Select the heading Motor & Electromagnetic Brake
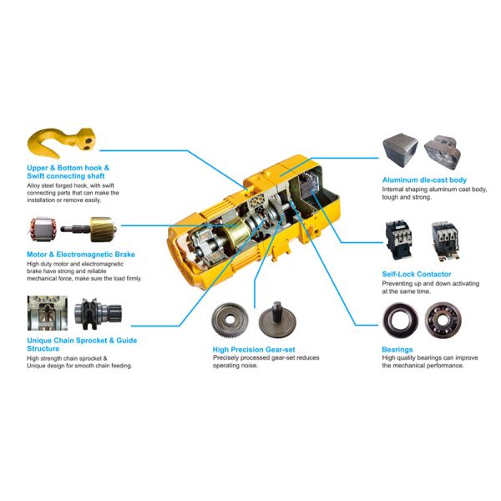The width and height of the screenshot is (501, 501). click(x=80, y=254)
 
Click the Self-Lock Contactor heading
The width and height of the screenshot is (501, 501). click(x=416, y=274)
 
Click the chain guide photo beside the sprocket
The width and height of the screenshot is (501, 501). click(x=46, y=315)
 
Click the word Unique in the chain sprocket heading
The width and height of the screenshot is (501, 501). click(x=43, y=340)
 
